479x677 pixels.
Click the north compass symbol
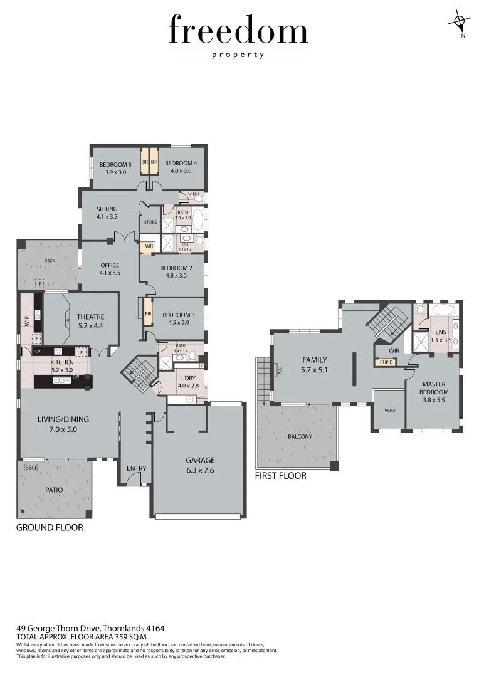coord(460,23)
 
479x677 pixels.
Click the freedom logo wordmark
coord(239,31)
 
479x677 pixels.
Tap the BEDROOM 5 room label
coord(115,167)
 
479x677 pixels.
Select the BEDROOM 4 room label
coord(181,167)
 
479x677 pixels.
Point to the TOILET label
coord(192,194)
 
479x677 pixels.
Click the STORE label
coord(150,222)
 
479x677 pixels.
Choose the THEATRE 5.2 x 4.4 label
coord(90,321)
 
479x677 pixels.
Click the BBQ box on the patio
coord(30,468)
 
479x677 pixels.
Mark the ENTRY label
coord(136,468)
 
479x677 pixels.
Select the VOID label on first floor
coord(389,410)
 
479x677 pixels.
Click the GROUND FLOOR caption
coord(50,528)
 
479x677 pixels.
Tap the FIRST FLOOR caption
coord(280,476)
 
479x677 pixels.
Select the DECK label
coord(50,261)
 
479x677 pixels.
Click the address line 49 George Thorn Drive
coord(90,627)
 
